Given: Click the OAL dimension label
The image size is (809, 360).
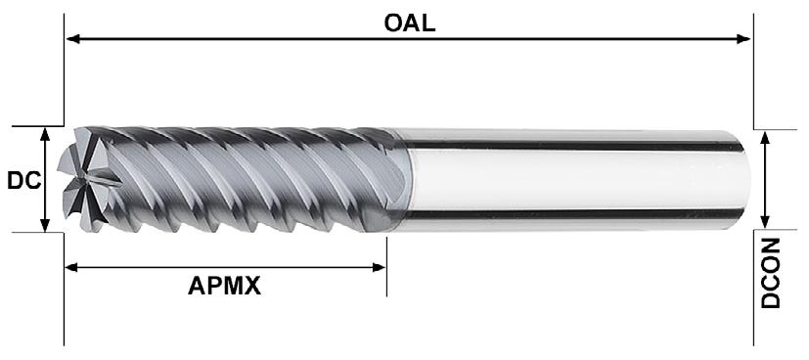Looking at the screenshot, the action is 410,22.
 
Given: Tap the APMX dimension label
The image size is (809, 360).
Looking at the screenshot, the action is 224,286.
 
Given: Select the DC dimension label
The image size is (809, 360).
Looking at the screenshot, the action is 23,181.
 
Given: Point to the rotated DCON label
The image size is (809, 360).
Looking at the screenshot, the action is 770,273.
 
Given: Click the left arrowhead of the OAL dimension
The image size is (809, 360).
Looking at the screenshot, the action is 72,39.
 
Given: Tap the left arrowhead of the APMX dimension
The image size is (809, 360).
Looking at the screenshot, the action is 71,267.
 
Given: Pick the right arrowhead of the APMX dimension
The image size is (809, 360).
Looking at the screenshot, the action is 379,267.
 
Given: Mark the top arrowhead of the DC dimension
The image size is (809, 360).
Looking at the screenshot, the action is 45,134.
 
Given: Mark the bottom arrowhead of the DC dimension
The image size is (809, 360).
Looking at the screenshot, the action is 45,225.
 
